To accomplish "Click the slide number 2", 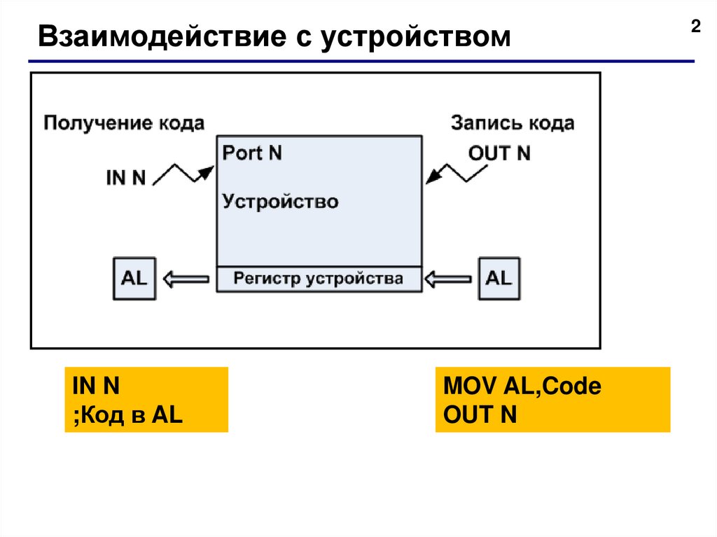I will tap(695, 27).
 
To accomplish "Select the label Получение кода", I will tap(124, 124).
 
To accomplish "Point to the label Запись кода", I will tap(512, 124).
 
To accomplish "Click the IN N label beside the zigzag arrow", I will tap(126, 178).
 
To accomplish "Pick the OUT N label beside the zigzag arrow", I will tap(499, 153).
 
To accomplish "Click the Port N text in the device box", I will tap(252, 153).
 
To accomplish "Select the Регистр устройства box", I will tap(319, 279).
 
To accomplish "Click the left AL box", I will tap(134, 279).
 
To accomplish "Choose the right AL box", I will tap(499, 279).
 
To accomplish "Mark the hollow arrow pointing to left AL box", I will tap(186, 279).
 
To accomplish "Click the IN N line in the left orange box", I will tap(96, 386).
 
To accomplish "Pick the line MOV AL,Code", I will tap(522, 386).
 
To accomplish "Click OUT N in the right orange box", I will tap(480, 414).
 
